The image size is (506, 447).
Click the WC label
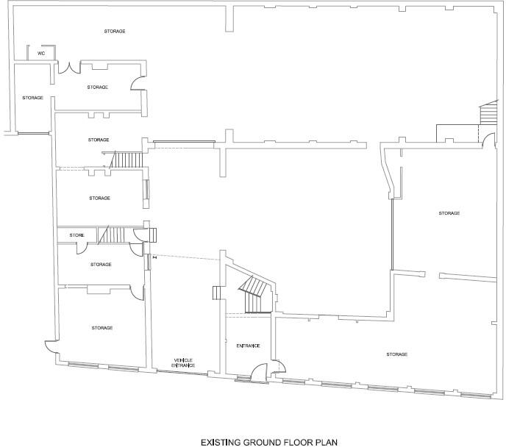tap(41, 54)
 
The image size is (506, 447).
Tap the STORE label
tap(77, 235)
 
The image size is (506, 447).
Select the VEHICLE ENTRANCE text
tap(182, 362)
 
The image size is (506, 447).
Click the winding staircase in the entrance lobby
tap(254, 294)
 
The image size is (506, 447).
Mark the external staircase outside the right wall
tap(488, 115)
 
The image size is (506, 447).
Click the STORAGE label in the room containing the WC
tap(113, 32)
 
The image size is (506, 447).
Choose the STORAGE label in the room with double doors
tap(97, 87)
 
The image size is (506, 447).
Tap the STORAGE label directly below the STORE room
tap(101, 264)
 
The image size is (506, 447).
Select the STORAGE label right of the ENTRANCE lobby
tap(396, 354)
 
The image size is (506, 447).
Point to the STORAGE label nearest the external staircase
tap(449, 213)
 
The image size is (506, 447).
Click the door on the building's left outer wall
tap(49, 346)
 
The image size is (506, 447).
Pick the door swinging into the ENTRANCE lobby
tap(259, 371)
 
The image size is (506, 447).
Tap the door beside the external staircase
tap(487, 137)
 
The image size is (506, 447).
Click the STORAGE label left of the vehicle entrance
tap(101, 327)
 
